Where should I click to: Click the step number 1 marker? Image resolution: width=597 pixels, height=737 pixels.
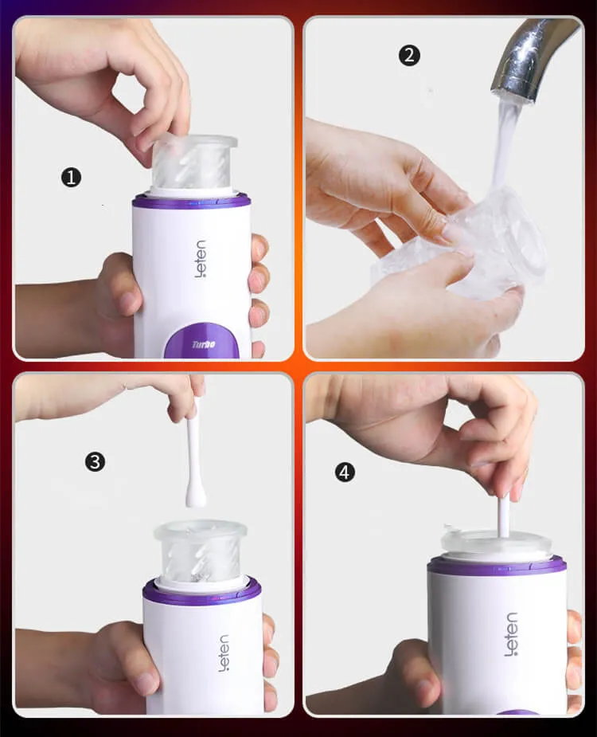(72, 177)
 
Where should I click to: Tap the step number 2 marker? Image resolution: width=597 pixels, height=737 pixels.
(409, 56)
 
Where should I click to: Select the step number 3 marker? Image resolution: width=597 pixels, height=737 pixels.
(96, 461)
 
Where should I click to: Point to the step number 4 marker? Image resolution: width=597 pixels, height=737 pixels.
(344, 472)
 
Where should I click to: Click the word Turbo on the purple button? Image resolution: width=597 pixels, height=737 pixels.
(205, 344)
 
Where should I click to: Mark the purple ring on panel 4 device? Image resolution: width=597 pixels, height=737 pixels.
(497, 566)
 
